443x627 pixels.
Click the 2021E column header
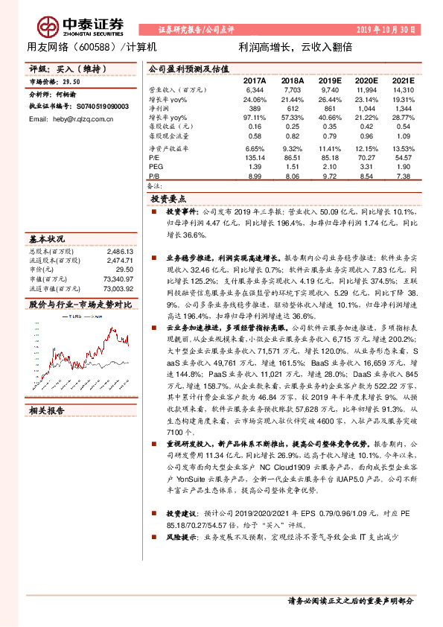[403, 80]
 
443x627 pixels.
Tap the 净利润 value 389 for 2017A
[257, 108]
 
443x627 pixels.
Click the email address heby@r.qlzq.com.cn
[80, 119]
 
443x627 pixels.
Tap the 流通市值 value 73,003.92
[117, 288]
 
